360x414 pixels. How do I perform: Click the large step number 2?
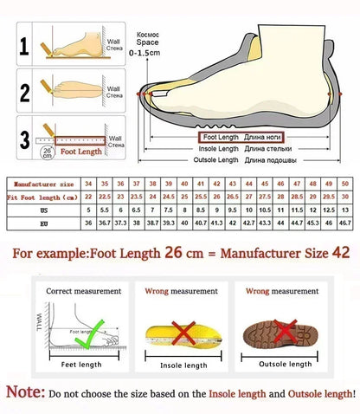pyautogui.click(x=25, y=92)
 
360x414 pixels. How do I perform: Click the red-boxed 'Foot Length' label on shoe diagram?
pyautogui.click(x=221, y=137)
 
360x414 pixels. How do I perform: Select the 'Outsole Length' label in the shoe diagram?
pyautogui.click(x=217, y=160)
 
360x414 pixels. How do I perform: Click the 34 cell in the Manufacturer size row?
pyautogui.click(x=89, y=184)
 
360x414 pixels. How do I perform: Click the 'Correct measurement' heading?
pyautogui.click(x=77, y=291)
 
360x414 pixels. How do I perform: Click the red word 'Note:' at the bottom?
pyautogui.click(x=25, y=393)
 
